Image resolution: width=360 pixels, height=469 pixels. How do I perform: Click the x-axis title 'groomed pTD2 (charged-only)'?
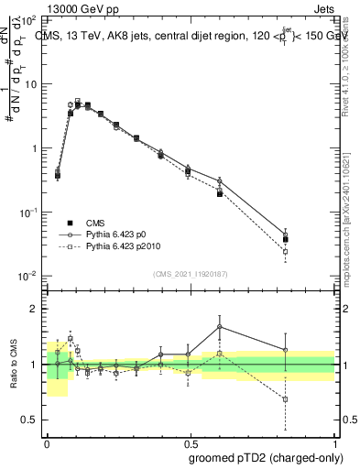tap(266, 457)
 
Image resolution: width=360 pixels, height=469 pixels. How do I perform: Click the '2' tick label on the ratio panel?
tap(36, 309)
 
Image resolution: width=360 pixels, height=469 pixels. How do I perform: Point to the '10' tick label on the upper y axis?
tap(31, 84)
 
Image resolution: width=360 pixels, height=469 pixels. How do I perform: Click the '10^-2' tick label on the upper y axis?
tap(29, 277)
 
